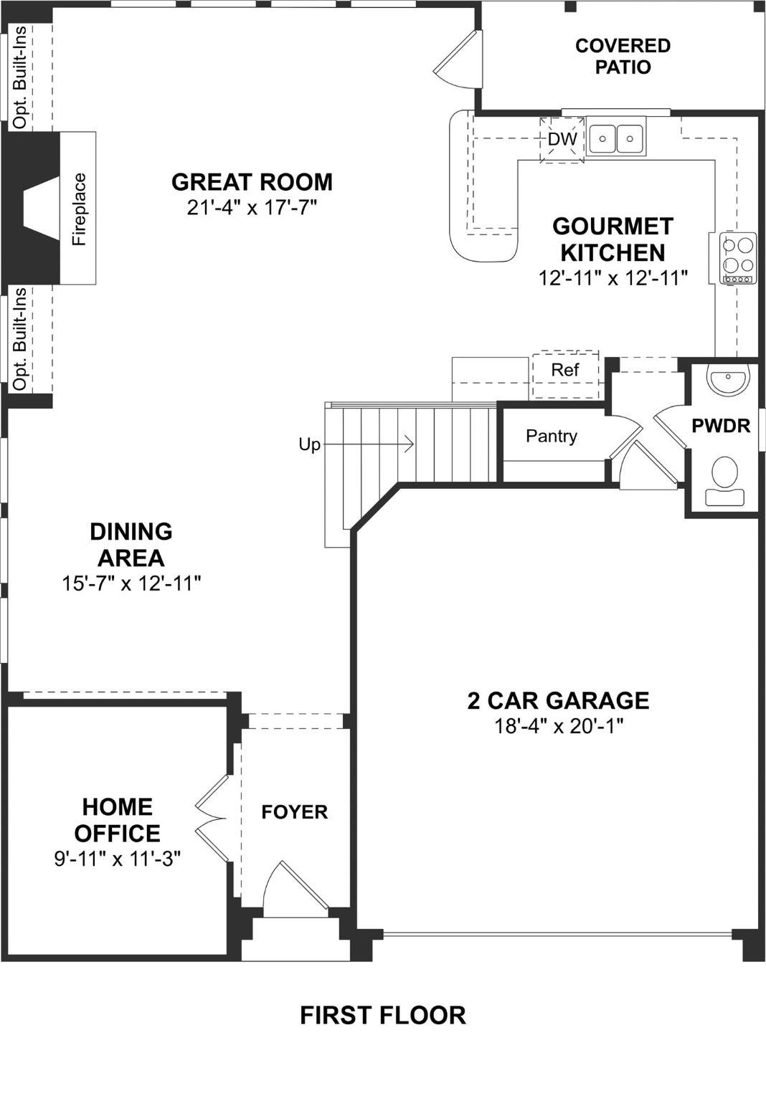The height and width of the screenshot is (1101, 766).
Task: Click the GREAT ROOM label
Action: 252,182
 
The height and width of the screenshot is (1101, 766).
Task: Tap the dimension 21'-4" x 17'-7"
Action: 251,207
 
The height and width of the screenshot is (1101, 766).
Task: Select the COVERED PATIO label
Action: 623,56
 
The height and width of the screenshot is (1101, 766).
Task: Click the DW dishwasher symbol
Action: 562,139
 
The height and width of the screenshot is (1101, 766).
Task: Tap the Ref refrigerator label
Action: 565,370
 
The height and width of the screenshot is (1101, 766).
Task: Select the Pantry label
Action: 551,436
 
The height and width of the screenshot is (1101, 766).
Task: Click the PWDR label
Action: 721,426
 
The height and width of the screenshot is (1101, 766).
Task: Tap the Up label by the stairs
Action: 309,445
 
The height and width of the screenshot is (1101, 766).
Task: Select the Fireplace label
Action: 79,209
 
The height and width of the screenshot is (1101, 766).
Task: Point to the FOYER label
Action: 294,812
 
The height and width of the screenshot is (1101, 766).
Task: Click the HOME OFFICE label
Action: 117,820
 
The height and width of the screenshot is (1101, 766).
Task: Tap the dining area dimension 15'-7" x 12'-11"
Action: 131,584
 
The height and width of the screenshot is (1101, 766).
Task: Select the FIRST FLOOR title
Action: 383,1016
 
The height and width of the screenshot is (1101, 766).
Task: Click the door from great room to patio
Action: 455,58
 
